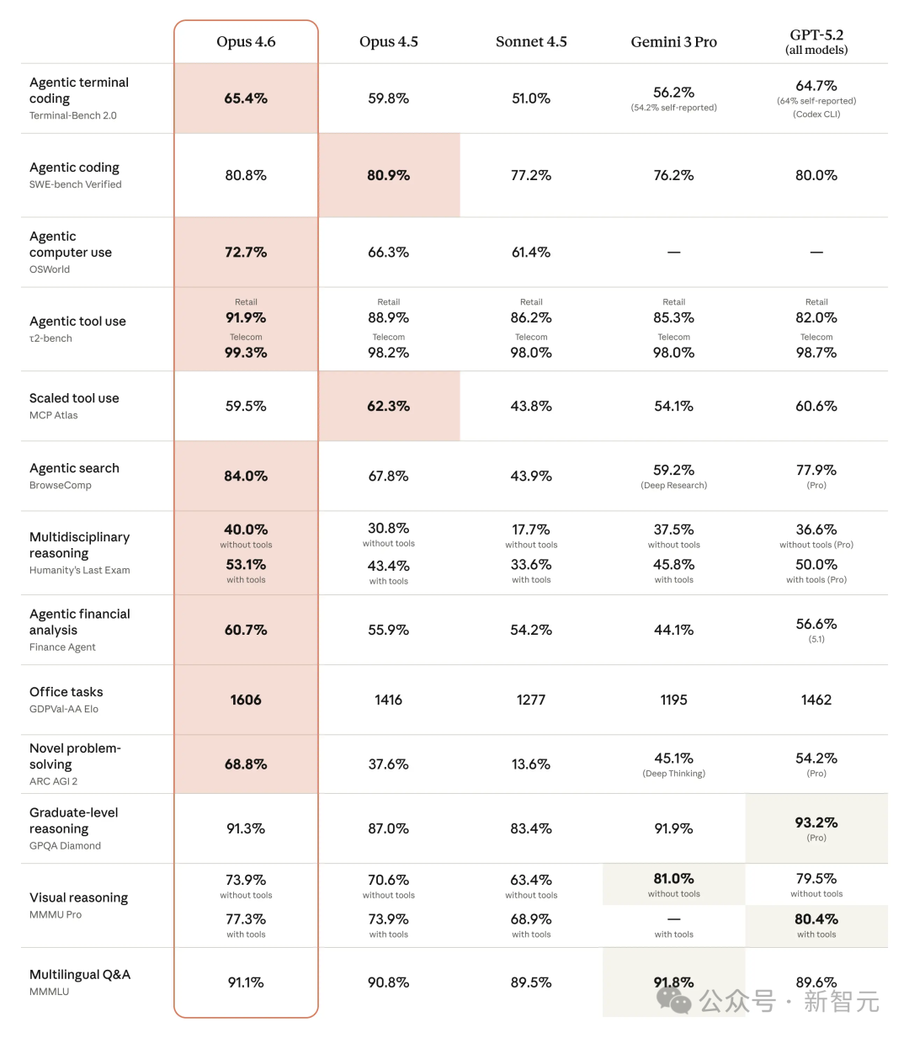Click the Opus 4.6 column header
pyautogui.click(x=246, y=42)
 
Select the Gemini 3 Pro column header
pyautogui.click(x=673, y=42)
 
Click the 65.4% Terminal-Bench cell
pyautogui.click(x=246, y=98)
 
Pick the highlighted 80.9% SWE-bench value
pyautogui.click(x=388, y=175)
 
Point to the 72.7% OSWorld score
pyautogui.click(x=246, y=253)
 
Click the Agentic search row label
pyautogui.click(x=74, y=468)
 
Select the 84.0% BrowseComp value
pyautogui.click(x=246, y=476)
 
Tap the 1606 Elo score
pyautogui.click(x=246, y=700)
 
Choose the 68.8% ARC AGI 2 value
pyautogui.click(x=246, y=764)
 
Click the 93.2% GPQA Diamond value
pyautogui.click(x=816, y=822)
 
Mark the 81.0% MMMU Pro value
pyautogui.click(x=673, y=878)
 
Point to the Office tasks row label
pyautogui.click(x=66, y=692)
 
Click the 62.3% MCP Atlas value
pyautogui.click(x=388, y=406)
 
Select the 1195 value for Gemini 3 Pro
pyautogui.click(x=673, y=700)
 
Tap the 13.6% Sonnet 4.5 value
pyautogui.click(x=531, y=764)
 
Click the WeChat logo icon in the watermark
pyautogui.click(x=673, y=999)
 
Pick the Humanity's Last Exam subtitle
pyautogui.click(x=80, y=570)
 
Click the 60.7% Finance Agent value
pyautogui.click(x=246, y=630)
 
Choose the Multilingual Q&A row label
pyautogui.click(x=80, y=975)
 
